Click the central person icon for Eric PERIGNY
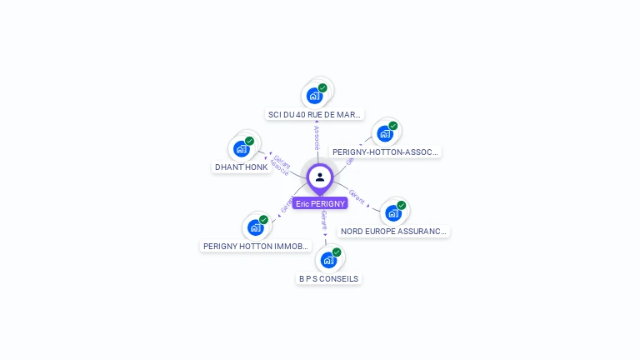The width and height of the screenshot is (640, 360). tap(320, 177)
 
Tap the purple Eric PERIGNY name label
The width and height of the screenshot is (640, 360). tap(320, 203)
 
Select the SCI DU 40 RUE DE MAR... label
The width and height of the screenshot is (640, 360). tap(315, 114)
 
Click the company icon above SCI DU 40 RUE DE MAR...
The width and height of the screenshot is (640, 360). tap(314, 95)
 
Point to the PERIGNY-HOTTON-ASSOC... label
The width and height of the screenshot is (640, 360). tap(385, 152)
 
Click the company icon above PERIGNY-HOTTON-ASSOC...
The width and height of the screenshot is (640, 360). tap(384, 133)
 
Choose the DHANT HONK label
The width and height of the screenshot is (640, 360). tap(242, 167)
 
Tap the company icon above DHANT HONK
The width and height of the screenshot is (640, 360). tap(242, 148)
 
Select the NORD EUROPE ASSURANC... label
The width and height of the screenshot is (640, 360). tap(394, 231)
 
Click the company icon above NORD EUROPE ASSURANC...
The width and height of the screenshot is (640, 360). tap(393, 212)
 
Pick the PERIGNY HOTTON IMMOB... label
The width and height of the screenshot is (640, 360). tap(257, 246)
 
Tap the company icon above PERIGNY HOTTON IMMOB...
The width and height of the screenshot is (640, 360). tap(256, 227)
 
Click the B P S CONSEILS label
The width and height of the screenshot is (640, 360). tap(329, 278)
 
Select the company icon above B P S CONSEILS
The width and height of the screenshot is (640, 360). tap(328, 260)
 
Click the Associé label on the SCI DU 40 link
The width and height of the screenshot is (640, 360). tap(317, 138)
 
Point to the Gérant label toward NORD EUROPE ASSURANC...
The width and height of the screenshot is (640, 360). tap(357, 196)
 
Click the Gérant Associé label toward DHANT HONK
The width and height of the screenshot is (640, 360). tap(280, 165)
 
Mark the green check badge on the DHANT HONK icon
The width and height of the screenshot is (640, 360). tap(249, 141)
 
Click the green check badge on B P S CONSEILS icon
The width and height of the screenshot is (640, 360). tap(337, 252)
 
